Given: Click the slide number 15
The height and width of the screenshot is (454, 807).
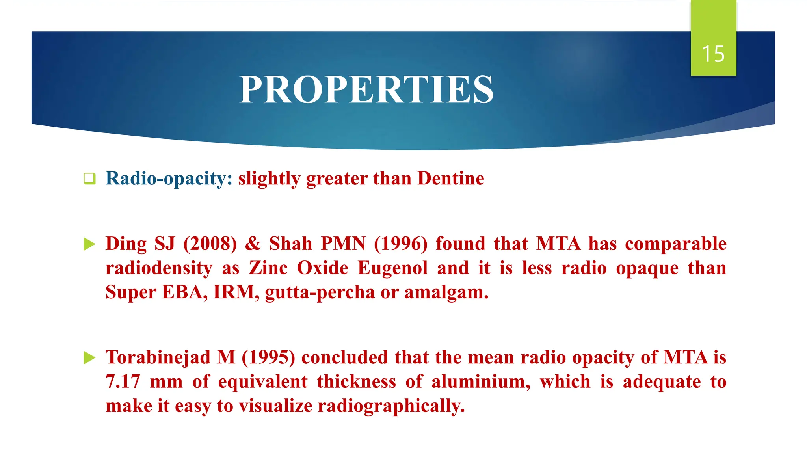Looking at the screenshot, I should (713, 54).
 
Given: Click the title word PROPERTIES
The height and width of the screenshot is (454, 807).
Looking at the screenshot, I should (366, 90).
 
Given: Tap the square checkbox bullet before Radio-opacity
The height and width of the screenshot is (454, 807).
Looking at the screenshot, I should (89, 179).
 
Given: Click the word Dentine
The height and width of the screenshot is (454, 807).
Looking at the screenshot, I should (451, 179).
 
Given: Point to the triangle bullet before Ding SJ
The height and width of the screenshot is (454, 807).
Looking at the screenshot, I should (89, 244).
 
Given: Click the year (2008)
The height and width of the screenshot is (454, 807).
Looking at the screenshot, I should (210, 244).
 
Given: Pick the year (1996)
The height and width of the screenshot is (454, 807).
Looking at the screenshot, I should (400, 244).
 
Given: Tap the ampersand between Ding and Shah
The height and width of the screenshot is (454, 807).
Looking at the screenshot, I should (253, 244).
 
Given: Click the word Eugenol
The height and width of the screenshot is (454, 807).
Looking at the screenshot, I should (392, 268).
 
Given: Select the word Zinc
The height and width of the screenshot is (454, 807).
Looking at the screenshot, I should (268, 268).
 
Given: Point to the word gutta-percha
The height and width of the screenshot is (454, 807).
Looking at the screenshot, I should (320, 292).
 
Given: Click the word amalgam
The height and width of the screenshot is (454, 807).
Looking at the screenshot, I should (446, 292).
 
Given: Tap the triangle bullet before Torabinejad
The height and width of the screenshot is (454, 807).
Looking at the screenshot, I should (89, 358).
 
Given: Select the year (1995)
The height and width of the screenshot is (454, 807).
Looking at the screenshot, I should (268, 357).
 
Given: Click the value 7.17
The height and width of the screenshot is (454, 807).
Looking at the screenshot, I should (123, 382).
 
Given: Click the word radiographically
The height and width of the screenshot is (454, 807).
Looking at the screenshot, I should (391, 406).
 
